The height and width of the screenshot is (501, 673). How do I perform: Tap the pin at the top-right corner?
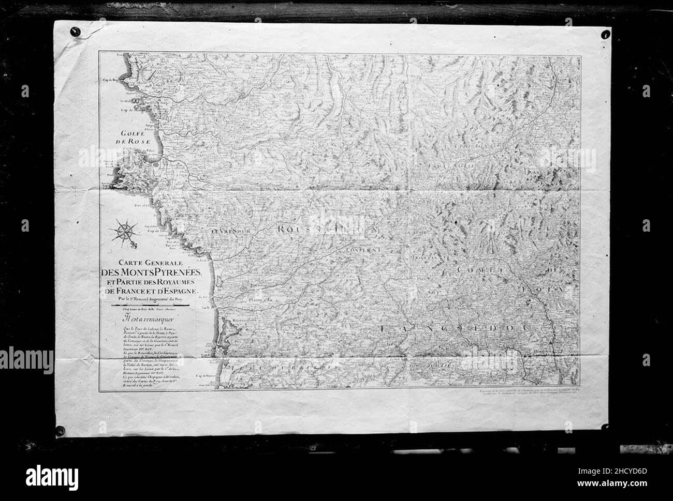click(x=604, y=36)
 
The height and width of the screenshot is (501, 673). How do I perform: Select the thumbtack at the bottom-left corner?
click(x=61, y=430)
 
